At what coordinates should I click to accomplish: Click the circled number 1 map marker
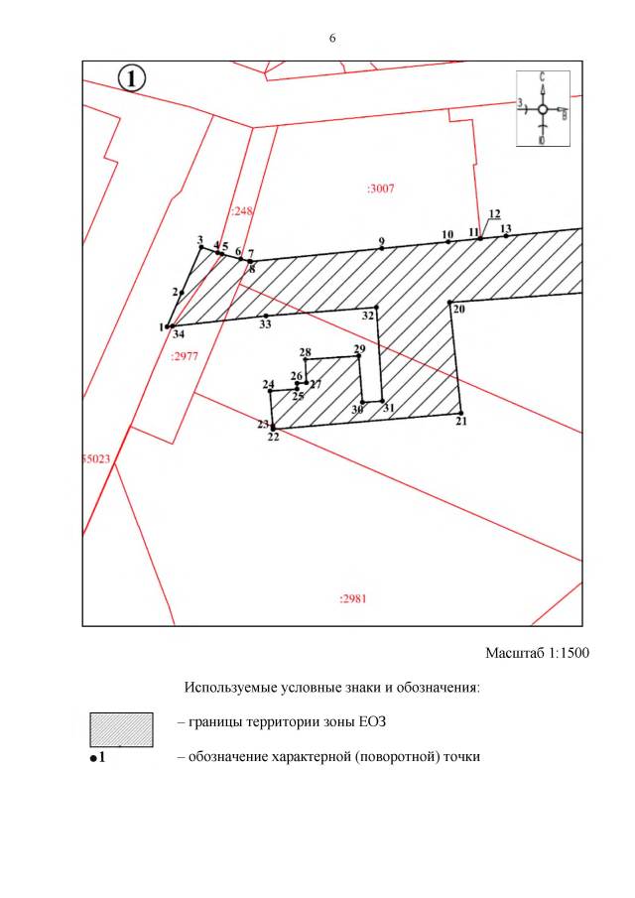(132, 78)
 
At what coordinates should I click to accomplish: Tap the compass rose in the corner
(543, 109)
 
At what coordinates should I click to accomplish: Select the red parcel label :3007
(381, 189)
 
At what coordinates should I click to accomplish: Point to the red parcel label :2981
(352, 599)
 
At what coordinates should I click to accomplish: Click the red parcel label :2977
(185, 356)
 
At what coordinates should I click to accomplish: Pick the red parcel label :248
(242, 210)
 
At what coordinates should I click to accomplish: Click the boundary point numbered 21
(461, 413)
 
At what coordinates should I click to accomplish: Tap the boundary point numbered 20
(450, 303)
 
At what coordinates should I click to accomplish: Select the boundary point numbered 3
(201, 247)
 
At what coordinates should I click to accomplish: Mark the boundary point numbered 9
(382, 248)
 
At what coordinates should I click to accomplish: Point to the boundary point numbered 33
(266, 316)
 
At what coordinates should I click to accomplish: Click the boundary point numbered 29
(359, 356)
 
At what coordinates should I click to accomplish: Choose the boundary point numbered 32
(376, 308)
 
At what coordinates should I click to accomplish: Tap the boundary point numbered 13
(506, 236)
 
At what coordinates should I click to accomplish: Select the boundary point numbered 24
(270, 392)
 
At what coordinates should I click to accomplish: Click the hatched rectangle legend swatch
(121, 729)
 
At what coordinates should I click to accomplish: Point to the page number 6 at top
(332, 39)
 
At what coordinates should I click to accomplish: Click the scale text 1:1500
(569, 653)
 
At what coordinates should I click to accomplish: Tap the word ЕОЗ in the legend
(372, 721)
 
